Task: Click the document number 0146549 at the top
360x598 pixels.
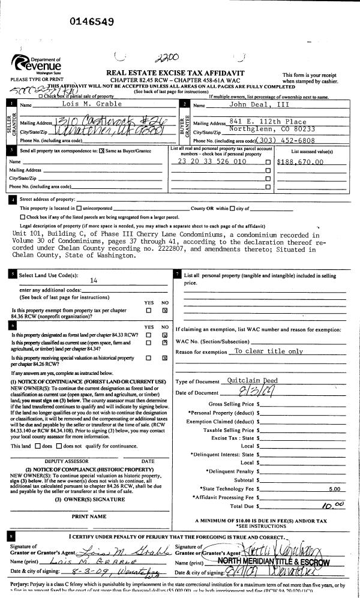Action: pyautogui.click(x=92, y=22)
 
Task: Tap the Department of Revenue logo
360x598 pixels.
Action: pyautogui.click(x=35, y=64)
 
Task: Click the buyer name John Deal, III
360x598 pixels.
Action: pyautogui.click(x=248, y=105)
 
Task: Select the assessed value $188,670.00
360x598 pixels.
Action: pyautogui.click(x=301, y=161)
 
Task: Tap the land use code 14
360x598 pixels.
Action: pyautogui.click(x=93, y=280)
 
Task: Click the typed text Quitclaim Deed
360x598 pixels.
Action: pyautogui.click(x=252, y=380)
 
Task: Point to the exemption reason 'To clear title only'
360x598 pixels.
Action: pyautogui.click(x=268, y=351)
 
